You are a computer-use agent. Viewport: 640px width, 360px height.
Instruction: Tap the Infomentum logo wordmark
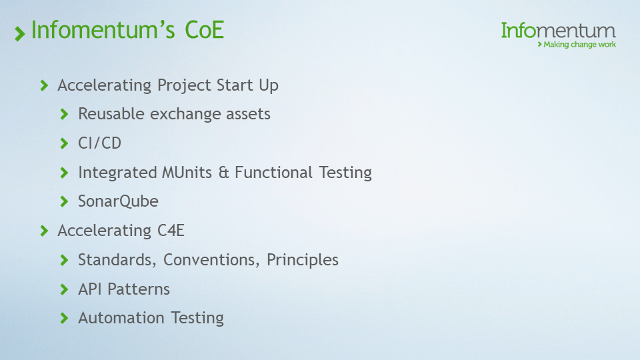[x=558, y=30]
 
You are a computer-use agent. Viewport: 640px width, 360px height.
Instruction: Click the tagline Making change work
[x=579, y=45]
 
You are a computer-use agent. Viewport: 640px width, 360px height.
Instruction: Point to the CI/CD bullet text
[x=99, y=143]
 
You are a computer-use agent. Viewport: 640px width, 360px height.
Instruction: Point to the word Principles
[x=303, y=260]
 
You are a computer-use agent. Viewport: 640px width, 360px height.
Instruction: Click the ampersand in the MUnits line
[x=223, y=173]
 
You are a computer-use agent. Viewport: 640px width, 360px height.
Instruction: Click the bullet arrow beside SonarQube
[x=64, y=201]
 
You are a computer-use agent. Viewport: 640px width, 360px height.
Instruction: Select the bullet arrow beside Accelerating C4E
[x=44, y=231]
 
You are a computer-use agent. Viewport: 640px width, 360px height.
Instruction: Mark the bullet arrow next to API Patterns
[x=64, y=289]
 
